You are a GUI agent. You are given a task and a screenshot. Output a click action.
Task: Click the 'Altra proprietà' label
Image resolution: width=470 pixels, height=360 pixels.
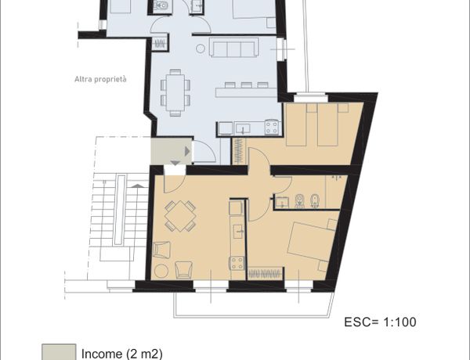[100, 79]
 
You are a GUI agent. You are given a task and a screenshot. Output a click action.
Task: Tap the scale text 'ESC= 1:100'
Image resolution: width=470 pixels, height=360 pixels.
[380, 322]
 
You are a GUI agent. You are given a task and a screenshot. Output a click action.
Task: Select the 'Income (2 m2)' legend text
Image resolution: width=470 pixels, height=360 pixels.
[122, 354]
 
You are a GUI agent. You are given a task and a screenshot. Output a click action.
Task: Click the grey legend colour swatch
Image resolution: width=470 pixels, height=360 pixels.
[59, 352]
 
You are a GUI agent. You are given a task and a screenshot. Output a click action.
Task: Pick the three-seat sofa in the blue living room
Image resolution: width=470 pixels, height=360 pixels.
[233, 47]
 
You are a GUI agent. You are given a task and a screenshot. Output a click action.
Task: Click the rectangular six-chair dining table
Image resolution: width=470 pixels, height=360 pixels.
[175, 93]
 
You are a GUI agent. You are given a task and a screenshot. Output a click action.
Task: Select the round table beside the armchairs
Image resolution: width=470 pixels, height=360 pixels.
[161, 271]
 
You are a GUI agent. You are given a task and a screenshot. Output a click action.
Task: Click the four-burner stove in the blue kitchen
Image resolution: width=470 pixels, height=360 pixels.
[272, 127]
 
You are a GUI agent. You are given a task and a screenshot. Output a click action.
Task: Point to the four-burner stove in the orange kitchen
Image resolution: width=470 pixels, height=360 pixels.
[237, 263]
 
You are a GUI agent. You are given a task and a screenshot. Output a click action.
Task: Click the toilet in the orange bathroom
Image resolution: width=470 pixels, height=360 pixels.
[299, 200]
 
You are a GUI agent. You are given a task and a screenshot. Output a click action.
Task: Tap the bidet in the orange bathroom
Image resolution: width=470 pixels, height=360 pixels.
[314, 200]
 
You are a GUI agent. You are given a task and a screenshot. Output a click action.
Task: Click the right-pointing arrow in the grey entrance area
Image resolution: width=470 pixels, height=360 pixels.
[187, 151]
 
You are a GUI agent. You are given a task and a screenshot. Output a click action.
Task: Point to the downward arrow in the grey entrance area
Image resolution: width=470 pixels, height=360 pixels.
[175, 163]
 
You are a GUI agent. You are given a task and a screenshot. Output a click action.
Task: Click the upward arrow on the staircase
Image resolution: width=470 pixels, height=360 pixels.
[138, 186]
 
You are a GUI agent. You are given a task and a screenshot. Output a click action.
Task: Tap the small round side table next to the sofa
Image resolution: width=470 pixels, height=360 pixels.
[201, 49]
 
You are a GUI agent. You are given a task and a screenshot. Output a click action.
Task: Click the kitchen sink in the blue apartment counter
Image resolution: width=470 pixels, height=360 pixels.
[243, 128]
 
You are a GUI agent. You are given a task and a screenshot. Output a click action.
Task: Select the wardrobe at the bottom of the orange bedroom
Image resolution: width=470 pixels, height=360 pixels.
[265, 273]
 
